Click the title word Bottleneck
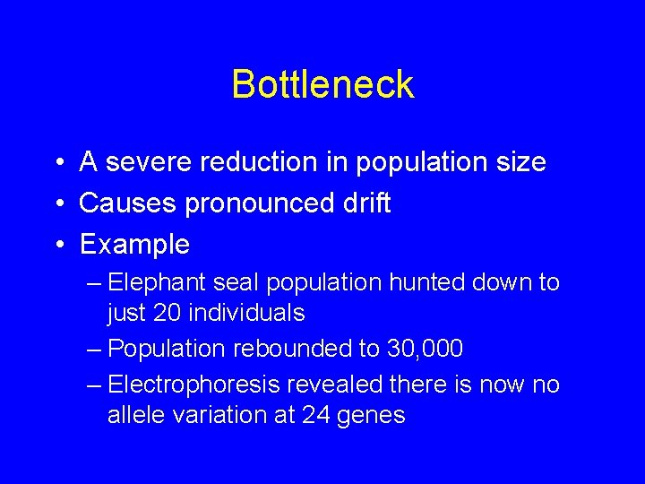(x=322, y=85)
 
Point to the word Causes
(x=128, y=203)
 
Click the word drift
(x=368, y=203)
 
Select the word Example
(x=134, y=245)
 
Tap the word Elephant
(x=156, y=283)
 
